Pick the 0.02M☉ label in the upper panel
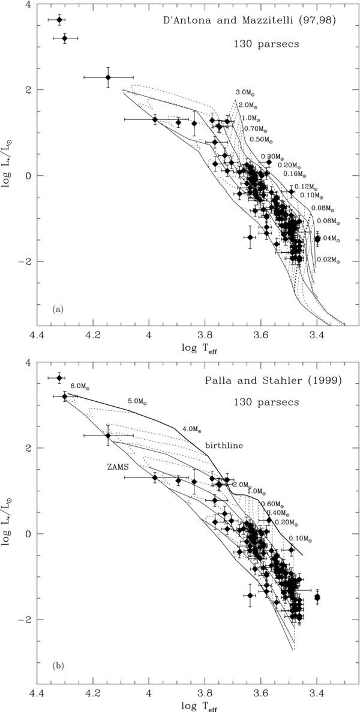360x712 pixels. tap(329, 260)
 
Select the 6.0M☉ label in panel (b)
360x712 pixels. tap(81, 385)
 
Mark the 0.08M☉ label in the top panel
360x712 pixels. tap(321, 208)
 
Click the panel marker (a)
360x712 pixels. tap(58, 310)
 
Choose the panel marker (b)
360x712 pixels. tap(58, 665)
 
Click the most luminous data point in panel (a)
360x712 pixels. tap(59, 20)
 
